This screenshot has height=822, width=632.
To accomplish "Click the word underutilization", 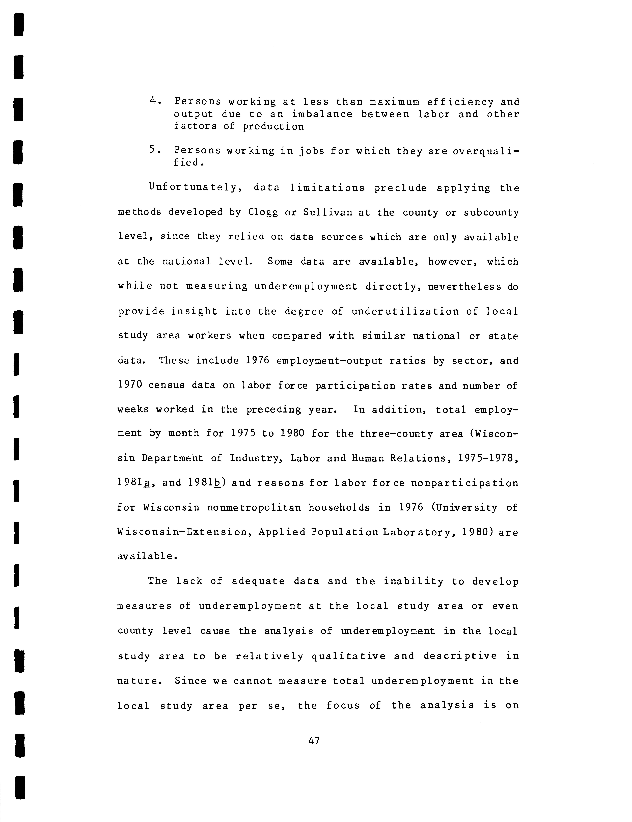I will [405, 312].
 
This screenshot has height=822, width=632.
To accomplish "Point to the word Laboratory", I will [413, 532].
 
